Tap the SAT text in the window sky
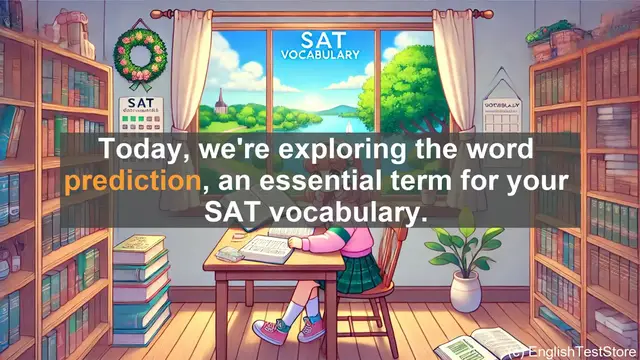coord(322,39)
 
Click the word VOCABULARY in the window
coord(322,55)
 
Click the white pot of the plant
coord(466,291)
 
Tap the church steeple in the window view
coord(219,99)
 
